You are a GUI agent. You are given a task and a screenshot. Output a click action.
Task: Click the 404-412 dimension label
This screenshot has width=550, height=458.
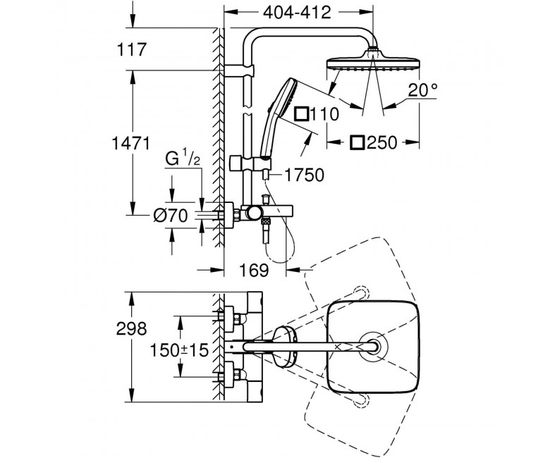pos(297,13)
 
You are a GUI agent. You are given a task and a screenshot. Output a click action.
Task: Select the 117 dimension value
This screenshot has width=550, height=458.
pos(131,49)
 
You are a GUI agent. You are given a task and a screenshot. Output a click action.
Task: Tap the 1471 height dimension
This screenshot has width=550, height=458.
pos(131,143)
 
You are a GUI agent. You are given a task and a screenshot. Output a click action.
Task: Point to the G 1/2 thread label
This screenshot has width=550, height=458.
pos(183,159)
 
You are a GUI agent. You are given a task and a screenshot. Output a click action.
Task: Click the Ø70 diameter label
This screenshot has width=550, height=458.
pos(171,216)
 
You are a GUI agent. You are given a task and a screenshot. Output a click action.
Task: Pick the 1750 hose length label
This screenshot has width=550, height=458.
pos(304,175)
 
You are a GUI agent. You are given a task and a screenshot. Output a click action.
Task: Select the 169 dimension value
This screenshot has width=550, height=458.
pos(254,270)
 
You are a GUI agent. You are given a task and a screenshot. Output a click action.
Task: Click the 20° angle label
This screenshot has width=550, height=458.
pos(423,90)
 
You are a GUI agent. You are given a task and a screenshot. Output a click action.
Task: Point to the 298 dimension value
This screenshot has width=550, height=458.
pos(132,328)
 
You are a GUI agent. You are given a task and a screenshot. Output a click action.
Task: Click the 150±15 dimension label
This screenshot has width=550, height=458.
pos(179,349)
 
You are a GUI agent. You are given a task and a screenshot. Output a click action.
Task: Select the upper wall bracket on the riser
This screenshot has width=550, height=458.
pos(238,70)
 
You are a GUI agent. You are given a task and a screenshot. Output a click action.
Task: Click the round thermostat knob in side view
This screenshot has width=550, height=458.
pos(253,213)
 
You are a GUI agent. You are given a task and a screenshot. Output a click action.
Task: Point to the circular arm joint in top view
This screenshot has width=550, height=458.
pos(373,346)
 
